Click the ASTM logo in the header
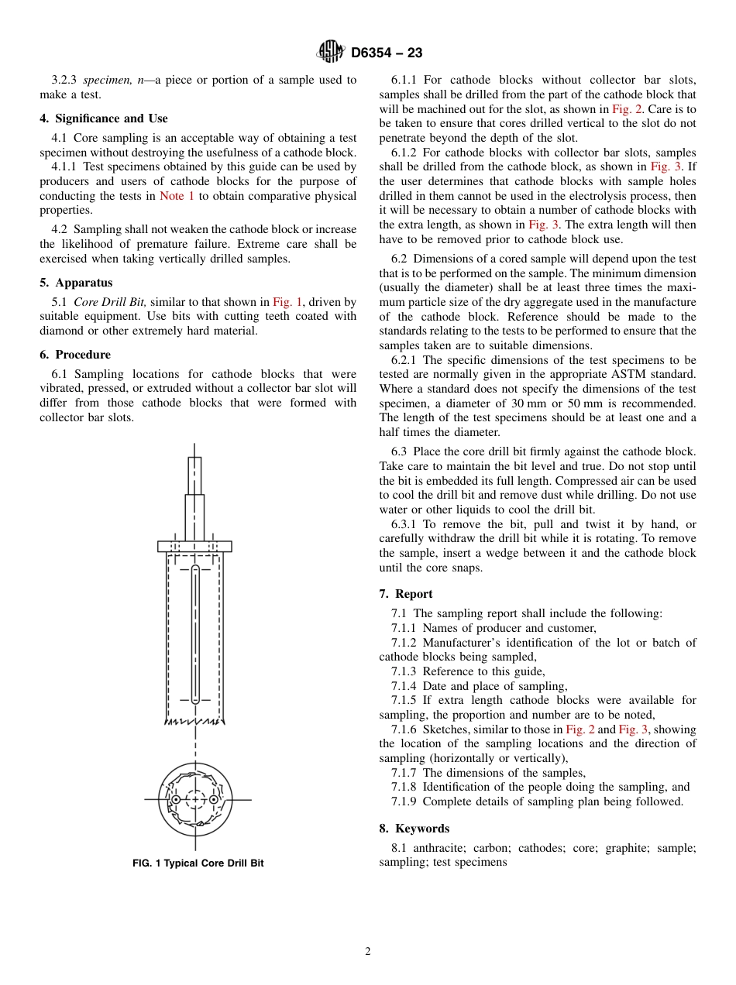[x=331, y=53]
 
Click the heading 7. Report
[x=406, y=594]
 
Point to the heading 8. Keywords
[x=414, y=829]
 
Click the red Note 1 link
[x=177, y=196]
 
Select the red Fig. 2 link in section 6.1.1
[x=626, y=109]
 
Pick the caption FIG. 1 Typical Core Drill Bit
[x=198, y=863]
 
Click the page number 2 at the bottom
[x=368, y=952]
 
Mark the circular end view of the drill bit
[x=194, y=799]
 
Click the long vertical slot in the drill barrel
[x=195, y=635]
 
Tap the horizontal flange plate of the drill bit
[x=194, y=546]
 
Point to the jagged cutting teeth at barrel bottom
[x=194, y=721]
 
